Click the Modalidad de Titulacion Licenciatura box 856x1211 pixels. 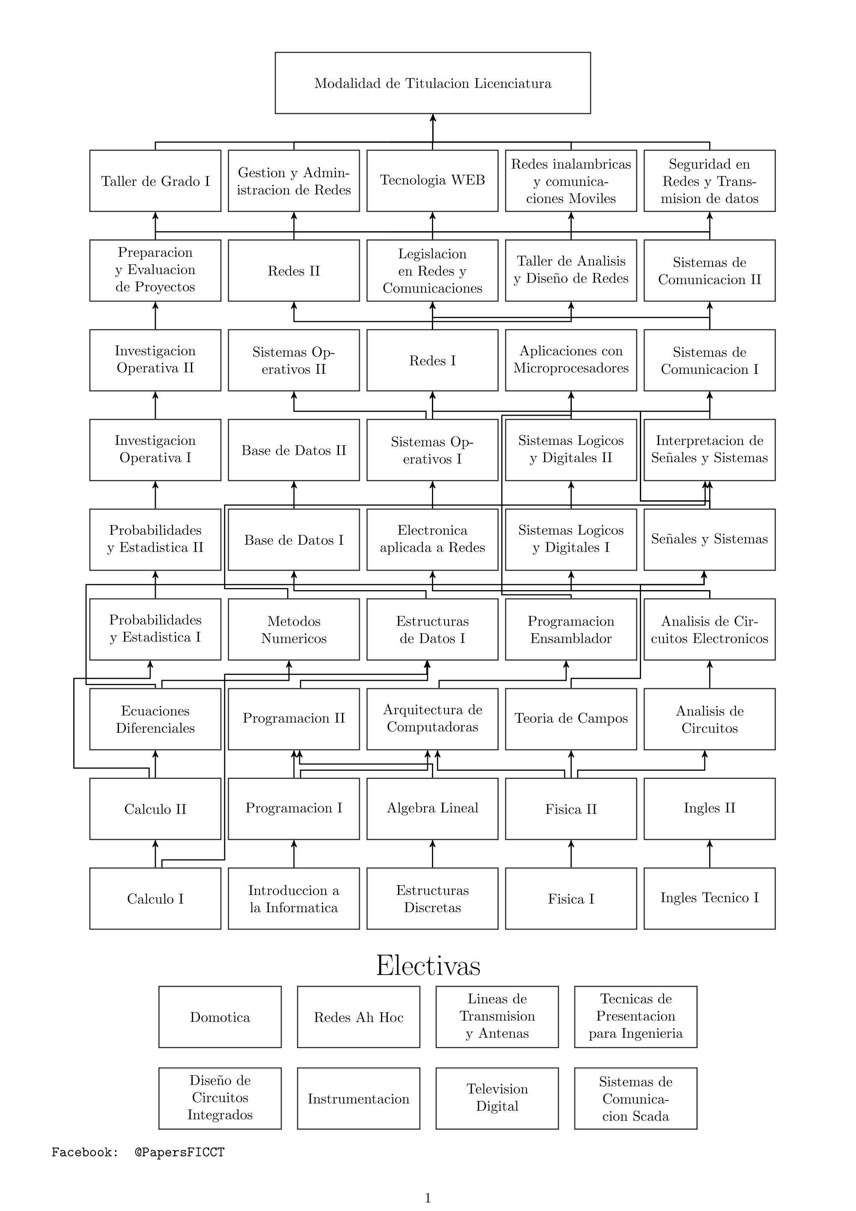click(432, 83)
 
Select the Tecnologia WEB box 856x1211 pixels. click(432, 180)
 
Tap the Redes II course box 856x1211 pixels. click(294, 271)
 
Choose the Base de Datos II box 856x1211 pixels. click(294, 450)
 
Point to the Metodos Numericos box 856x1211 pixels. click(294, 629)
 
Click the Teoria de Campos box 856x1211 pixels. click(571, 719)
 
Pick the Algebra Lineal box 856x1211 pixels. click(432, 808)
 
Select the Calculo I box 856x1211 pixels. click(155, 898)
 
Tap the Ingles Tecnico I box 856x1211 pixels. click(710, 898)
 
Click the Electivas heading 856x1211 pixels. click(428, 966)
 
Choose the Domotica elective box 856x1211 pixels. click(220, 1017)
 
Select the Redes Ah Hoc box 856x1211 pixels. click(358, 1017)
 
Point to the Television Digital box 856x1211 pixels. click(497, 1098)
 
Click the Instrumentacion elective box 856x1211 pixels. click(358, 1098)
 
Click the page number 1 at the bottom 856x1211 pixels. click(428, 1198)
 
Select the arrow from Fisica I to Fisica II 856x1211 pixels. click(571, 854)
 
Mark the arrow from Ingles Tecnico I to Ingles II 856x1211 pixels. click(710, 854)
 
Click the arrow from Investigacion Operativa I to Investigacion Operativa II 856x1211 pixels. click(155, 405)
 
